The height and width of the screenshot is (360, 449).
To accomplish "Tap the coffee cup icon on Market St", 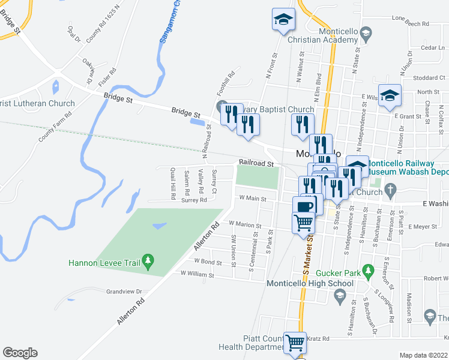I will coord(304,206).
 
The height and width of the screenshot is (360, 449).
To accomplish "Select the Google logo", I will coord(20,353).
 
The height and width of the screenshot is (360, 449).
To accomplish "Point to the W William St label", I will coord(197,274).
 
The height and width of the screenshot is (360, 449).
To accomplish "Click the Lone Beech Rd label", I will coord(410,25).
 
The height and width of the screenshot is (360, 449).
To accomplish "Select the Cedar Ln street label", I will coord(432,47).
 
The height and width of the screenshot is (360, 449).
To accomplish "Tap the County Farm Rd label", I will coord(55,126).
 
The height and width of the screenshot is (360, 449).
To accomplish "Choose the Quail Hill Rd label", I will coord(173,183).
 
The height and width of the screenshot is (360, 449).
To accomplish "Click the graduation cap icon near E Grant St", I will coord(390,97).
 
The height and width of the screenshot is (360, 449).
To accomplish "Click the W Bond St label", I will coord(208,261).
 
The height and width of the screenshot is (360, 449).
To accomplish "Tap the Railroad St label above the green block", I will coord(256,163).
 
